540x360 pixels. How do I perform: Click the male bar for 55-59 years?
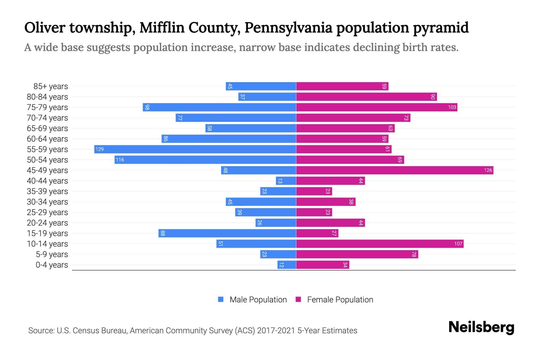tap(195, 149)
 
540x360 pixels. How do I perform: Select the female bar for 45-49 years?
tap(394, 170)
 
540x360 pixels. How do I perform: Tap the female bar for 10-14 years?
tap(379, 244)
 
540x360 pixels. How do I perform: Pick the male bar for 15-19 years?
tap(227, 233)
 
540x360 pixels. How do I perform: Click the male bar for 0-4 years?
tap(287, 265)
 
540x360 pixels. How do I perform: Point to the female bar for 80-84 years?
tap(366, 97)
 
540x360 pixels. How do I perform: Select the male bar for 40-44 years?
tap(286, 181)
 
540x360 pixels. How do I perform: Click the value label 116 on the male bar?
tap(120, 160)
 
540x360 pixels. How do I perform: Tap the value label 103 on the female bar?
tap(452, 107)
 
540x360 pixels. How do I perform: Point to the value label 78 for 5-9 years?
tap(414, 254)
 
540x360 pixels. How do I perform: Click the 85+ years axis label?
tap(51, 86)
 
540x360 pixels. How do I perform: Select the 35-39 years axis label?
tap(47, 191)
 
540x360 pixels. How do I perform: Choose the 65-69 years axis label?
tap(47, 128)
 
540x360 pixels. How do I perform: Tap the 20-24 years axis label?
tap(47, 223)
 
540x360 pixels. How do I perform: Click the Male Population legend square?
tap(221, 299)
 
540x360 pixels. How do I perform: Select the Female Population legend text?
tap(340, 299)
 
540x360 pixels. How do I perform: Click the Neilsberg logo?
tap(481, 327)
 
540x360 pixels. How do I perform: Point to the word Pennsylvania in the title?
tap(288, 28)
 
